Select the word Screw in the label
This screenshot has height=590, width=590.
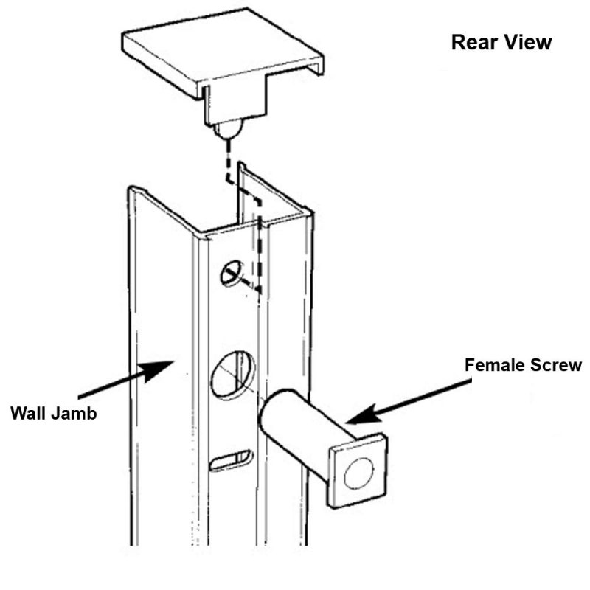[557, 365]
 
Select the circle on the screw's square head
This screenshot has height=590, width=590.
[359, 473]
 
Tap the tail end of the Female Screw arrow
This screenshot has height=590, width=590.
[468, 382]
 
